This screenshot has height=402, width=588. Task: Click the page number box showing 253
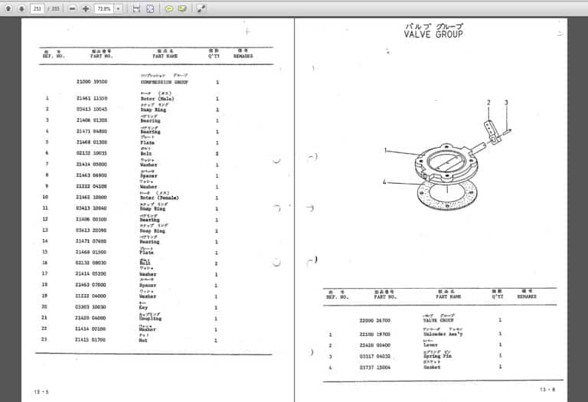37,8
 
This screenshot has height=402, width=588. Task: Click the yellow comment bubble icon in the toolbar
168,8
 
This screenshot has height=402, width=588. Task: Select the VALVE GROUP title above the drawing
433,34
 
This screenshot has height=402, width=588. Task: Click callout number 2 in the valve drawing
488,102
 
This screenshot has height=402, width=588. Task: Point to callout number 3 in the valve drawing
505,102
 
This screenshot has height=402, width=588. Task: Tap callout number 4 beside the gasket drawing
386,181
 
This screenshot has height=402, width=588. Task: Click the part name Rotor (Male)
156,99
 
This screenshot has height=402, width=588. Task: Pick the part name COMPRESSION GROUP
164,82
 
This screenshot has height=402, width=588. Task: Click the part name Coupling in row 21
151,318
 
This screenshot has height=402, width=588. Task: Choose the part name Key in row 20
144,307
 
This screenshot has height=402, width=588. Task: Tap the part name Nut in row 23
144,340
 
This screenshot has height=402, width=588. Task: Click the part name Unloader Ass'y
444,335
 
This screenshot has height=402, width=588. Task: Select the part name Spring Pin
437,357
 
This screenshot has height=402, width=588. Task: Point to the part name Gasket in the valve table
433,368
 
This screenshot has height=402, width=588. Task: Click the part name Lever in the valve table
430,345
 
